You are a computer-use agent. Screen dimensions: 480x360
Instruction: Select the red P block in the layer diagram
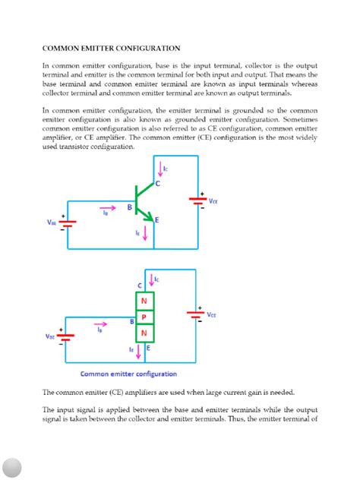144,315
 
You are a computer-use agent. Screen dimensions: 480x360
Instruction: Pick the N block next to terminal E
144,333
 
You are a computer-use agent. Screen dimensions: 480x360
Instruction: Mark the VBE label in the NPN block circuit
50,336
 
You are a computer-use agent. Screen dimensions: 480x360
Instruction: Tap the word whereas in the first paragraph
304,85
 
